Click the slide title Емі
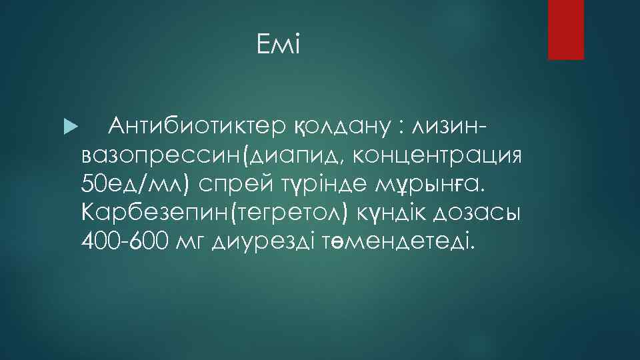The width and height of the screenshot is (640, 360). tap(279, 46)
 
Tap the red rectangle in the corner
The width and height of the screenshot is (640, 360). tap(565, 29)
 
